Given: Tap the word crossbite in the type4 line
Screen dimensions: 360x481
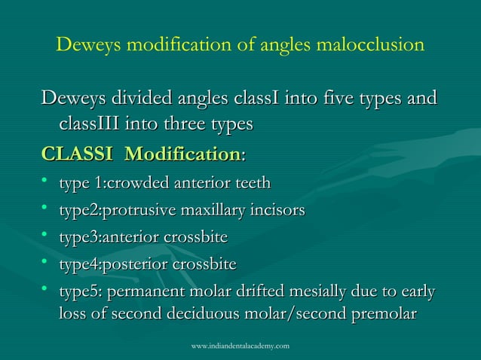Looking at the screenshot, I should (x=204, y=265).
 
